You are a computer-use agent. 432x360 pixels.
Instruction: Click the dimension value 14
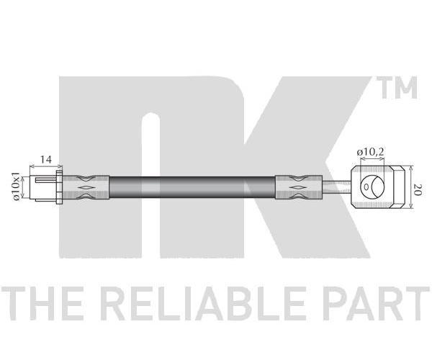point(46,159)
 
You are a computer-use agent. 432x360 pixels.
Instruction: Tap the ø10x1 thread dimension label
point(17,186)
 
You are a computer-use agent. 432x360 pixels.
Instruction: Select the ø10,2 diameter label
point(370,152)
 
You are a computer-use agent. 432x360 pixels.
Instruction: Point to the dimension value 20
point(417,189)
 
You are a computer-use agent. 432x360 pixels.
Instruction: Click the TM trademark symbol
point(397,88)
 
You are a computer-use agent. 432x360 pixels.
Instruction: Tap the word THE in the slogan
point(42,303)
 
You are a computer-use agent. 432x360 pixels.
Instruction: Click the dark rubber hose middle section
point(192,187)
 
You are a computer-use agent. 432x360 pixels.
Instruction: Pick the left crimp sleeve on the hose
point(86,187)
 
